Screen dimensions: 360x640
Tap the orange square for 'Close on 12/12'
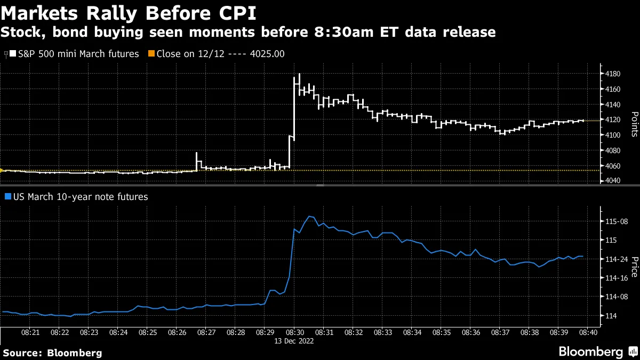pos(151,54)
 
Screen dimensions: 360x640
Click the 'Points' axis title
pos(634,124)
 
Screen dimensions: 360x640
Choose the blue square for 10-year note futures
pos(7,197)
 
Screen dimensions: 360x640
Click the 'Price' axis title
pos(634,267)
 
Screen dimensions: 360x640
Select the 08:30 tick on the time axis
pos(294,332)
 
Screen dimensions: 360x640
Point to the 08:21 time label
pos(30,332)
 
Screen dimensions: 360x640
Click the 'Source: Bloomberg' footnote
pos(52,353)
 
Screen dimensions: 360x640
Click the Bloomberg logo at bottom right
pos(591,351)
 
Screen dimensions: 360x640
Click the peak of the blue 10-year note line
pos(310,217)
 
